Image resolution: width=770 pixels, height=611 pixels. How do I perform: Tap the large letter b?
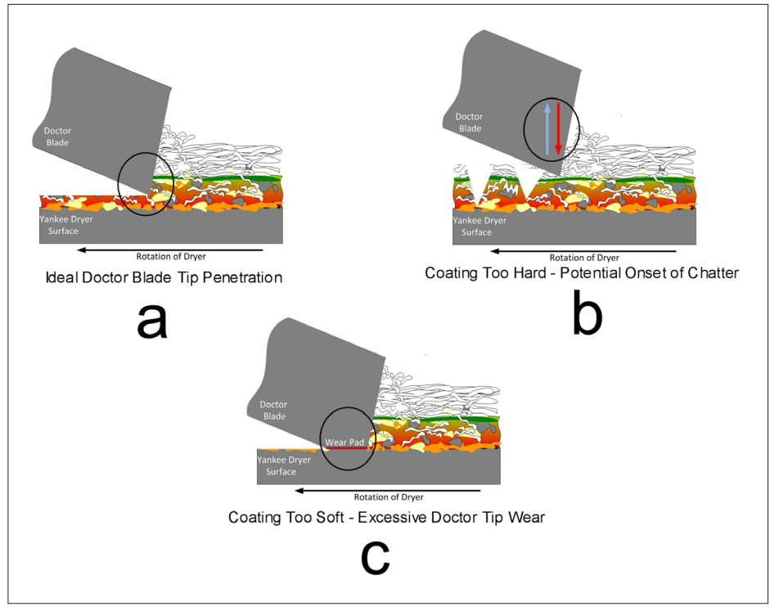[587, 317]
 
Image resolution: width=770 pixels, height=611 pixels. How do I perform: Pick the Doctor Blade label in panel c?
[273, 411]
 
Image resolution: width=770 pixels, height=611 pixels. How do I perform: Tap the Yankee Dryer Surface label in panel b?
[481, 226]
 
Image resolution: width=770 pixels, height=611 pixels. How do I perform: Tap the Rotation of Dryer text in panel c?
[389, 496]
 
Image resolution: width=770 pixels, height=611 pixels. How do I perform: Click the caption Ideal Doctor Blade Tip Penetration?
[164, 278]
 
